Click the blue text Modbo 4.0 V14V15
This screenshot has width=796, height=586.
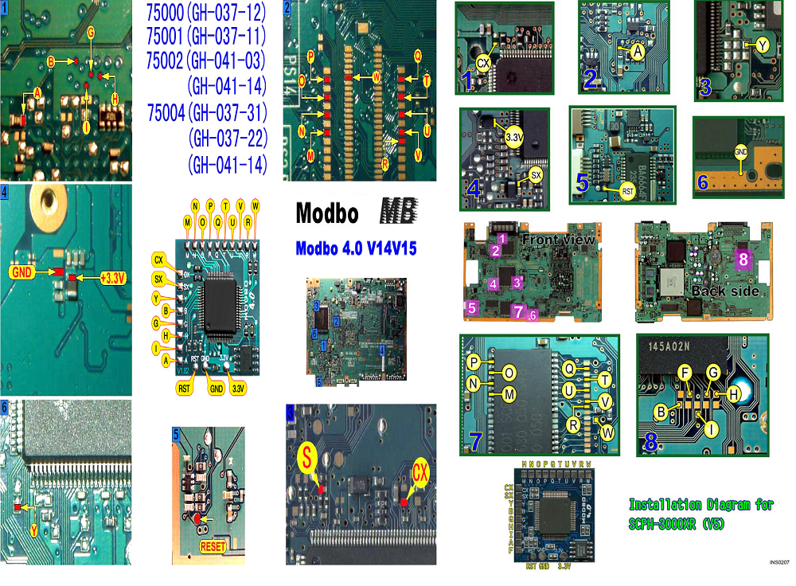(356, 248)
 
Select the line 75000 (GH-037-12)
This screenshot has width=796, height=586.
(207, 14)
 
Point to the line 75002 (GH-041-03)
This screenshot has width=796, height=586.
(207, 61)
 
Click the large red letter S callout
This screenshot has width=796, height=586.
(308, 458)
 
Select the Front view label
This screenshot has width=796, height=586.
(557, 238)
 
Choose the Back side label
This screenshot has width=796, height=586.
(721, 291)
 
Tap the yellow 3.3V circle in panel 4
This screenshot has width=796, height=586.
(514, 138)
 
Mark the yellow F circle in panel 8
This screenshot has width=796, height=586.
(683, 371)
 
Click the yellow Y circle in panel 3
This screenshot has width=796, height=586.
(763, 46)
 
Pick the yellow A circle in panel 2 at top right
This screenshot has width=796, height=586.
(637, 49)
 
